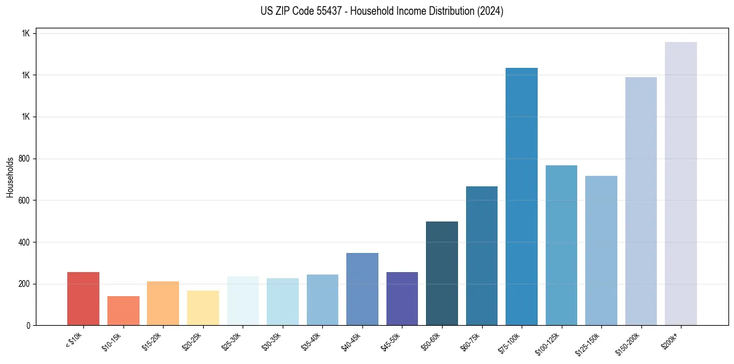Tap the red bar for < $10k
[x=83, y=299]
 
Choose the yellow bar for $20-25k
[x=203, y=307]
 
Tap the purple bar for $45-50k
[x=402, y=299]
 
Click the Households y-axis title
[x=10, y=177]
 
